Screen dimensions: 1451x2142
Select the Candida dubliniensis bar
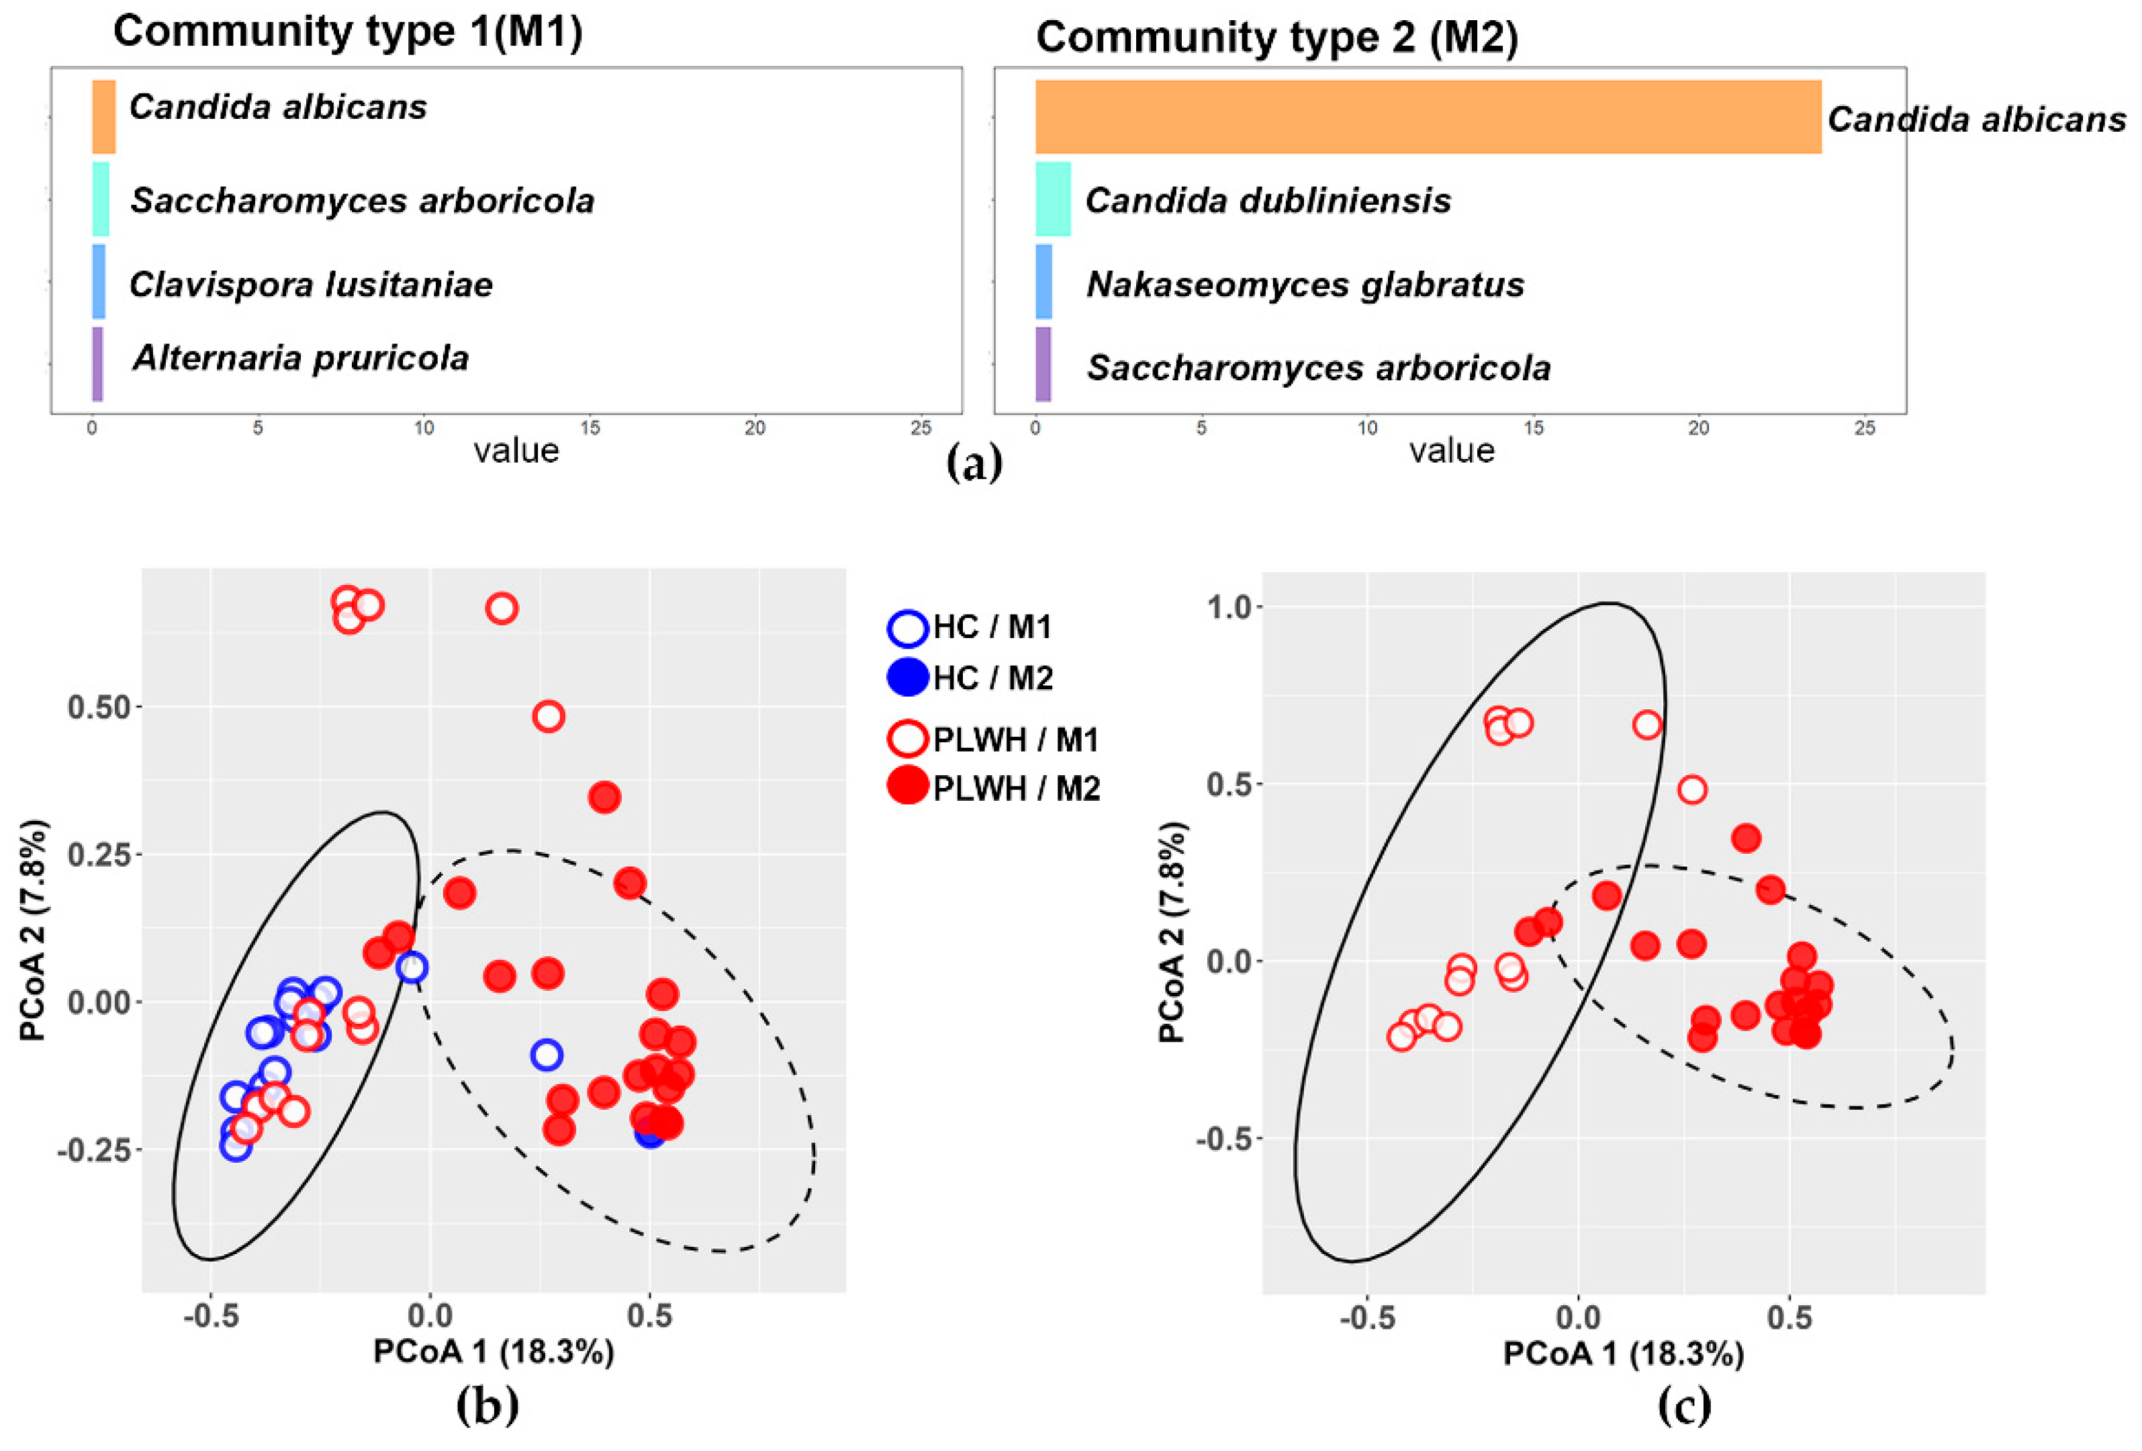[1053, 199]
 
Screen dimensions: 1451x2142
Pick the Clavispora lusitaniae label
[311, 284]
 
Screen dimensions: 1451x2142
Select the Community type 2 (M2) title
[1276, 38]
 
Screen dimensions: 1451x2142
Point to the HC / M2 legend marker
[907, 678]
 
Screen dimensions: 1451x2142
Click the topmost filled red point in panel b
[604, 797]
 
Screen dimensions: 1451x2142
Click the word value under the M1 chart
[516, 451]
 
